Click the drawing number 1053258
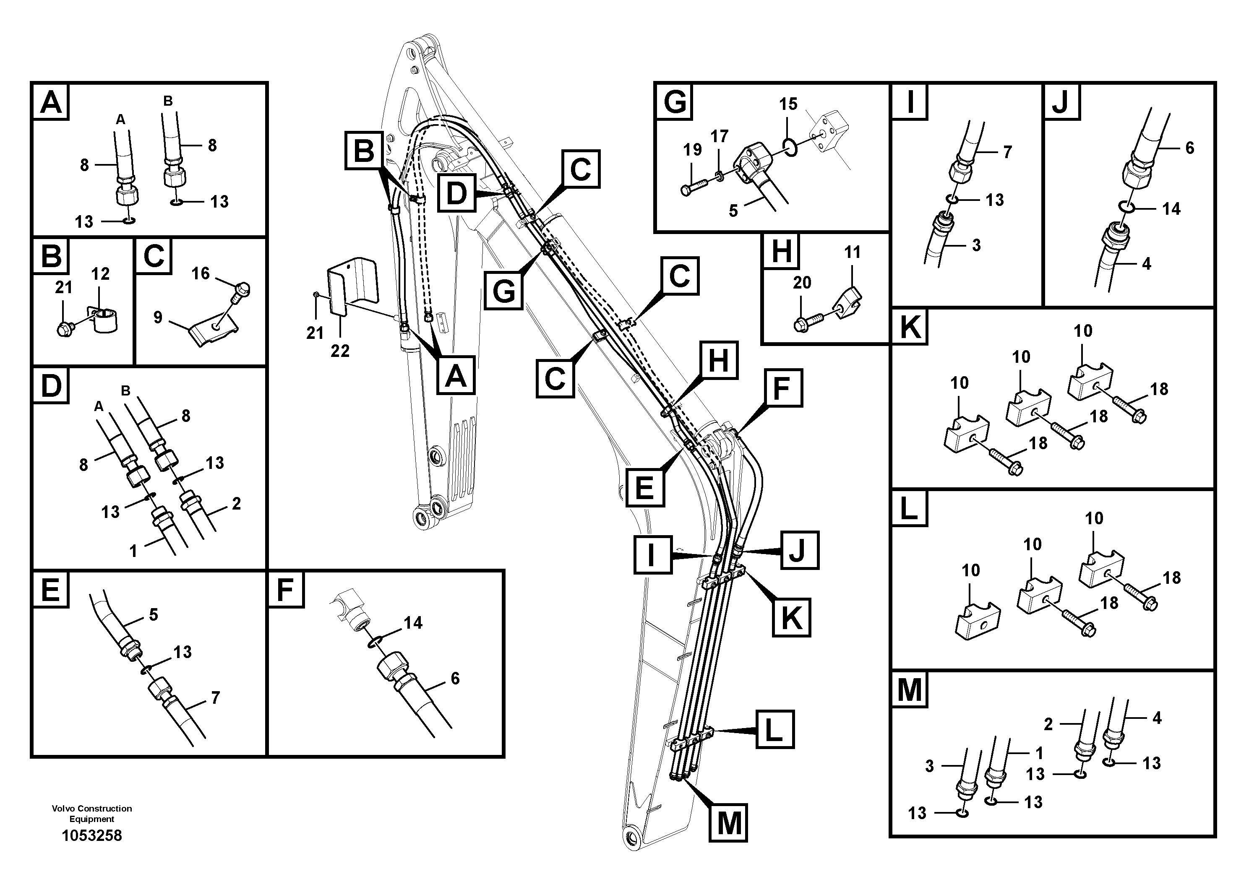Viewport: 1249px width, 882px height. pos(91,836)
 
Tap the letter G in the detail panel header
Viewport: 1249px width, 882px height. pos(675,101)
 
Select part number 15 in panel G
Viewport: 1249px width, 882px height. pos(788,104)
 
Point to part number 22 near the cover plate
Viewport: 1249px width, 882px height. pos(340,351)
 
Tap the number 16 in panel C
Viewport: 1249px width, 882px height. pos(200,273)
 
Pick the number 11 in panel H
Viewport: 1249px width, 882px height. pos(853,252)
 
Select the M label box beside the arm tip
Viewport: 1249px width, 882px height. pos(728,823)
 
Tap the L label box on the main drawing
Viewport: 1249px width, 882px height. pos(774,729)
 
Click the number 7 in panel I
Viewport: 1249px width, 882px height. pos(1007,152)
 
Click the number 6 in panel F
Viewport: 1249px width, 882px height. pos(455,678)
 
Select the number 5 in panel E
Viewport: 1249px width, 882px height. pos(154,614)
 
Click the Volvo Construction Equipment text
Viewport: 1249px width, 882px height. pos(91,814)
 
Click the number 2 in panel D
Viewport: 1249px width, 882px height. pos(236,504)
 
